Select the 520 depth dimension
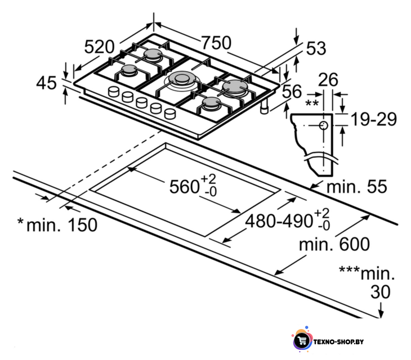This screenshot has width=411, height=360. (x=99, y=47)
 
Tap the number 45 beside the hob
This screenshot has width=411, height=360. (x=46, y=83)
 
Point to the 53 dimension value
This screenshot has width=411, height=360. (x=316, y=48)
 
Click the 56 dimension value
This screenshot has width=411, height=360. (x=292, y=91)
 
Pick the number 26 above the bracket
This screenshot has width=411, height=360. (x=328, y=79)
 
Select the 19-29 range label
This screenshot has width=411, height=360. (x=373, y=120)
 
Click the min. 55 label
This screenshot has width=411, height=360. (x=357, y=187)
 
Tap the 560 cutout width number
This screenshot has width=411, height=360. (x=184, y=187)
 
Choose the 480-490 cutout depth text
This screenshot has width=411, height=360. (x=279, y=221)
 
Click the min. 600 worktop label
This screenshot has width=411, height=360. (x=334, y=244)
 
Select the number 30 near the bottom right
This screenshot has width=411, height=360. (x=380, y=292)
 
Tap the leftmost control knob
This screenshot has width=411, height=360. (x=114, y=91)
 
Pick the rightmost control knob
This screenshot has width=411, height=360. (x=170, y=114)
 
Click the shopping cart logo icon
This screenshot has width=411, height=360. (x=302, y=341)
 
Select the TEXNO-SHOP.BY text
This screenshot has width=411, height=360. (x=338, y=341)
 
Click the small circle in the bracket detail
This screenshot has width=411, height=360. (x=324, y=125)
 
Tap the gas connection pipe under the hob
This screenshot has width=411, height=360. (x=264, y=107)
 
